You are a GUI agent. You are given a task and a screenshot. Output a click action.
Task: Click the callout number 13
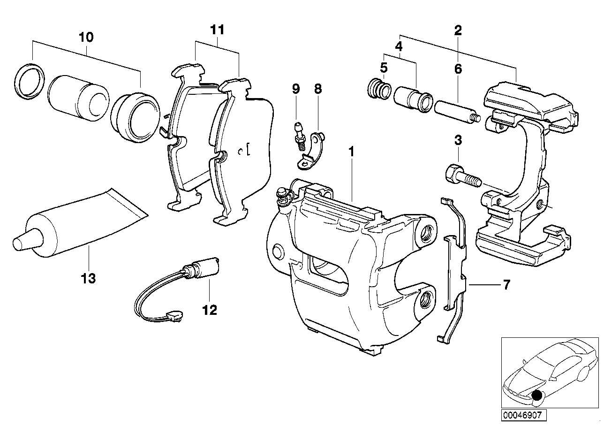point(88,279)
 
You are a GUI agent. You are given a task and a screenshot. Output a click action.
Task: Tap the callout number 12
point(210,310)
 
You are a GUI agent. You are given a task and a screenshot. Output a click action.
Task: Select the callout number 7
point(506,284)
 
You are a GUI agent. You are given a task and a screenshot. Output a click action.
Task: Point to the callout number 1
point(351,152)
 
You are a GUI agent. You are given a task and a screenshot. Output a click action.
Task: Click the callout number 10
point(86,37)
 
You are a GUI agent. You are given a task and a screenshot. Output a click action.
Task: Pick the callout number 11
point(217,30)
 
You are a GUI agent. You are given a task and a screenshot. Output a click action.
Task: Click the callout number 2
point(458,30)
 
